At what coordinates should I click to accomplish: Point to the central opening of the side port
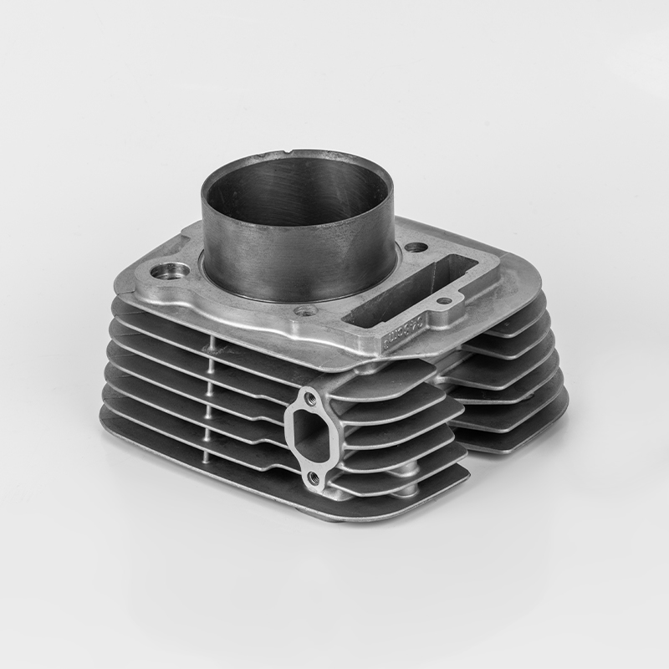pyautogui.click(x=310, y=437)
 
